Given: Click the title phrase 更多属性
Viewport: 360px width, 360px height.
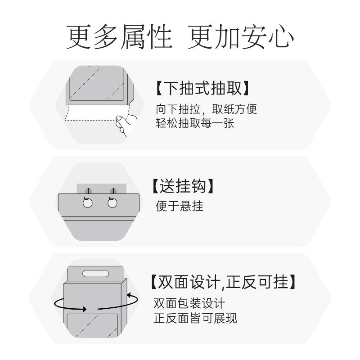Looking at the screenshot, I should coord(119,36).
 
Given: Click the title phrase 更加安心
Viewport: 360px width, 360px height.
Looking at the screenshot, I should coord(241,36).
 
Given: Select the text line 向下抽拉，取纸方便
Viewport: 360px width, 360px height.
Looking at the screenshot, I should coord(207,109).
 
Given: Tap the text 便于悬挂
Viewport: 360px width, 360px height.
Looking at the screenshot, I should coord(180,206).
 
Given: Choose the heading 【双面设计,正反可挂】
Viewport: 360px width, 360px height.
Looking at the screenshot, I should coord(224,283).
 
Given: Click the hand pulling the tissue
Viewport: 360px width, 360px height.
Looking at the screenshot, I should coord(123,124).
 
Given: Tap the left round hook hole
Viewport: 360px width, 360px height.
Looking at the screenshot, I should coord(88,203).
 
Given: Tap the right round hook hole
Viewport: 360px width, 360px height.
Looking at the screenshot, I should coord(112,203).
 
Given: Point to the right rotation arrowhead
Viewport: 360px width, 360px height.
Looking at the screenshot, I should coord(129,295).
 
